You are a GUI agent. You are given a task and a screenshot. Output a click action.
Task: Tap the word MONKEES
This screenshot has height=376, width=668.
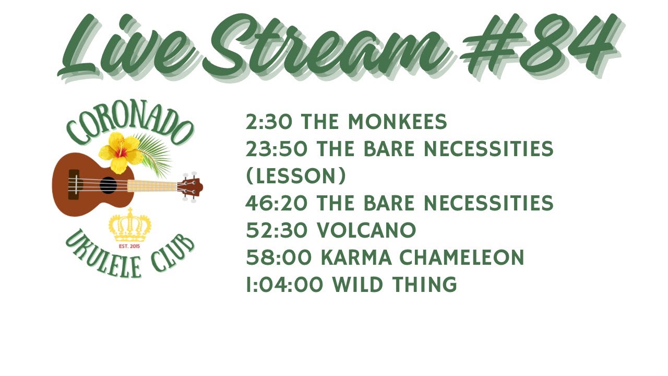point(397,122)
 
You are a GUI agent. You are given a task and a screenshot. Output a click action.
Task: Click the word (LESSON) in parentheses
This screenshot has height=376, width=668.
point(295,177)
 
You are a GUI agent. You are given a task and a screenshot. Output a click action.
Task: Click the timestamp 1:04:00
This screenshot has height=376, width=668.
point(284,285)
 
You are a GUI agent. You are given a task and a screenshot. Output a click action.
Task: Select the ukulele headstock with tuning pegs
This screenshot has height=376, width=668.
point(190,186)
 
